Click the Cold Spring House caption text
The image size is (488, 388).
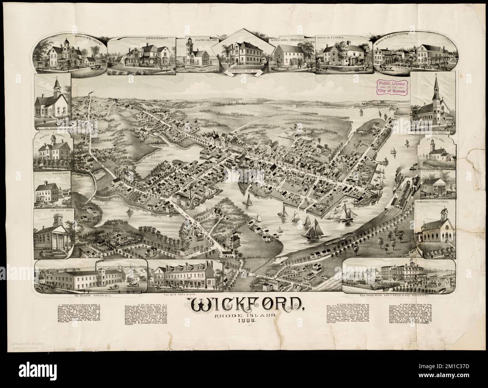pyautogui.click(x=399, y=295)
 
